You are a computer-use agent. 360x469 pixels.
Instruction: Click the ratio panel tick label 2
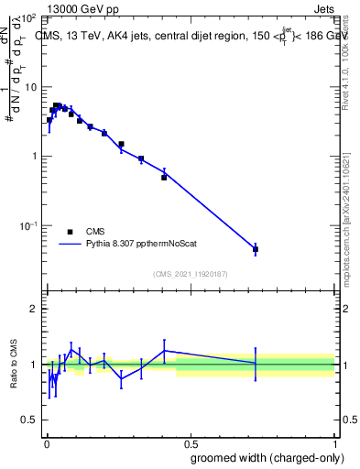(34, 309)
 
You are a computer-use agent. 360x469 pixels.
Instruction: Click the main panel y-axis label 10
(30, 87)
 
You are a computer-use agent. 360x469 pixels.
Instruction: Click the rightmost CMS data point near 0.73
(256, 249)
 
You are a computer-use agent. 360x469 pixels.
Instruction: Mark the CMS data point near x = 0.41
(164, 177)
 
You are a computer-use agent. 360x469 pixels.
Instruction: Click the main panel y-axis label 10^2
(28, 18)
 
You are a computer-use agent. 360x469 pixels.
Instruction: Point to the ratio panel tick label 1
(34, 365)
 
